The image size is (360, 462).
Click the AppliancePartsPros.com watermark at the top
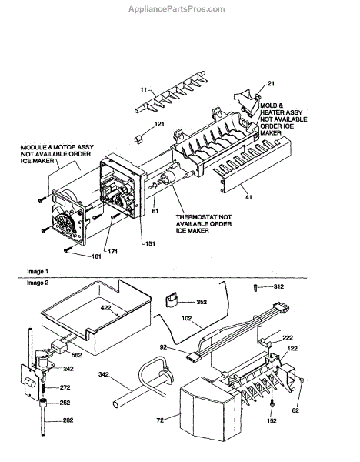(177, 9)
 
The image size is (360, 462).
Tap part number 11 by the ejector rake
(143, 89)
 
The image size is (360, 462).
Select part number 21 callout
(271, 84)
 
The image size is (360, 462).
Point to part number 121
(159, 124)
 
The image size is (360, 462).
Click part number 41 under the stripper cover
(248, 197)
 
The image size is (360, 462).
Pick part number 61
(155, 211)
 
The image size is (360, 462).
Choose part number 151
(150, 243)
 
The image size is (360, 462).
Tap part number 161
(96, 256)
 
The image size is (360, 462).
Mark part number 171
(112, 251)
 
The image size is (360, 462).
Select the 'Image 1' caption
(38, 271)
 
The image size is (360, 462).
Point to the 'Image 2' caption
(38, 283)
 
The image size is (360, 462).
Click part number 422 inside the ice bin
(105, 307)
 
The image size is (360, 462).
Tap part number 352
(202, 302)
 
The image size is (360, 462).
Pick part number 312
(278, 286)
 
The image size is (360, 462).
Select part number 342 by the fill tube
(103, 374)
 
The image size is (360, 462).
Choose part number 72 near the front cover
(160, 420)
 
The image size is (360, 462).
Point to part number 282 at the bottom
(68, 420)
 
